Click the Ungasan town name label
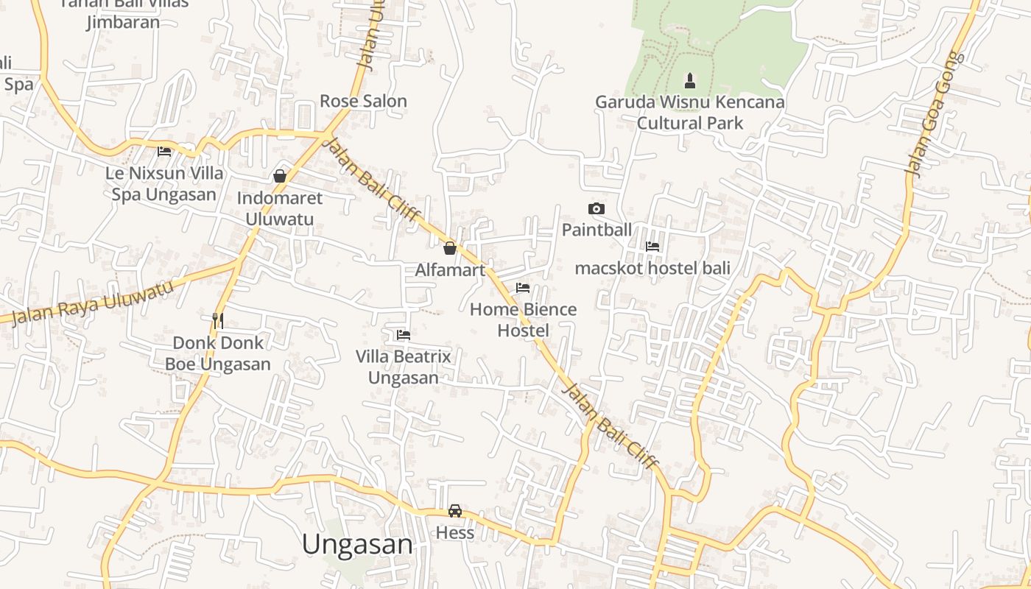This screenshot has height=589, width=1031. click(x=357, y=544)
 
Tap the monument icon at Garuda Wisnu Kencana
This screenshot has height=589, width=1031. click(x=690, y=80)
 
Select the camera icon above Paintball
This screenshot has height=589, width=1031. click(x=597, y=209)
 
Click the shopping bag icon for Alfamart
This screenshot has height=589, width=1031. click(x=450, y=248)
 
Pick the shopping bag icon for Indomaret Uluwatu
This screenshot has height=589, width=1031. click(x=280, y=176)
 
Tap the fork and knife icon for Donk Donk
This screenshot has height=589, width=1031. click(x=217, y=320)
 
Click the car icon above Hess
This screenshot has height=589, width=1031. click(x=455, y=511)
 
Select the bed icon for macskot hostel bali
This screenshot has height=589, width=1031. click(x=652, y=247)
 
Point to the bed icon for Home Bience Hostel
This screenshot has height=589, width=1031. click(x=523, y=288)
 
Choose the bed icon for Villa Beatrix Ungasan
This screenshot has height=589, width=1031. click(x=403, y=335)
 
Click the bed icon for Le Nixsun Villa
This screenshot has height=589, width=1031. click(x=164, y=152)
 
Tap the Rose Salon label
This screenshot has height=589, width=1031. click(x=363, y=101)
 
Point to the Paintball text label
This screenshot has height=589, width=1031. click(x=597, y=230)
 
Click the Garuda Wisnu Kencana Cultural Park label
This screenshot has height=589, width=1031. click(x=690, y=112)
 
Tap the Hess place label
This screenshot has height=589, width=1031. click(x=455, y=532)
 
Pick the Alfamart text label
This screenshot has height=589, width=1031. click(x=450, y=270)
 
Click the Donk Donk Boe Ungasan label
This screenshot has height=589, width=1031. click(x=217, y=353)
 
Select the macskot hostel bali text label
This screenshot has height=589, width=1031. click(x=652, y=268)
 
